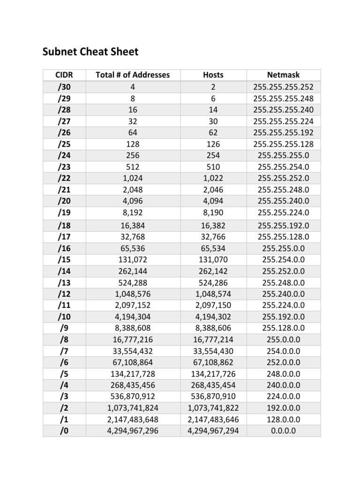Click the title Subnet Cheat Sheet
coord(90,52)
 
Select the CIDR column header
coord(64,75)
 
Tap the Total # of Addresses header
coord(133,75)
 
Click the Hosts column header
coord(213,75)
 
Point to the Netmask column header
coord(283,75)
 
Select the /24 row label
coord(64,155)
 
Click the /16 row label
coord(64,248)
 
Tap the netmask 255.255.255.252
coord(283,87)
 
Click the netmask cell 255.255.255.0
coord(283,155)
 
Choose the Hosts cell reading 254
coord(213,155)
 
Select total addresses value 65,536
coord(133,248)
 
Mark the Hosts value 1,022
coord(213,178)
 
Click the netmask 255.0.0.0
coord(283,339)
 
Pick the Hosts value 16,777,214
coord(213,339)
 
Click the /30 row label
coord(64,87)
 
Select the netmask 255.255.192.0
coord(283,225)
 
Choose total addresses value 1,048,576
coord(133,293)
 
